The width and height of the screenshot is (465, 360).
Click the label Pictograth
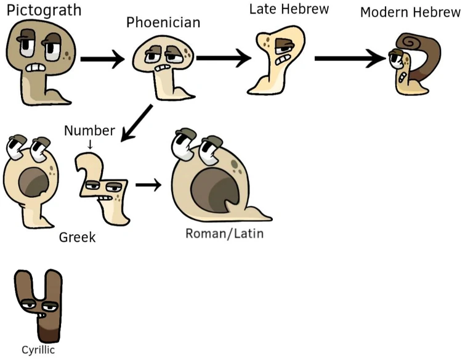click(x=44, y=10)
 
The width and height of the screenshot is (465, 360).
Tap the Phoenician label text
click(x=163, y=22)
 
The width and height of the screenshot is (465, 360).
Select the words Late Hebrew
click(x=288, y=10)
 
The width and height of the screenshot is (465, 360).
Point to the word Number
click(x=89, y=131)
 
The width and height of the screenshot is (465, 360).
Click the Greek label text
click(x=77, y=237)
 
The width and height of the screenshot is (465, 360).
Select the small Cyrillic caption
click(x=38, y=350)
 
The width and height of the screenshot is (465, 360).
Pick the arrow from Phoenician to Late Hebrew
click(x=223, y=59)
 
